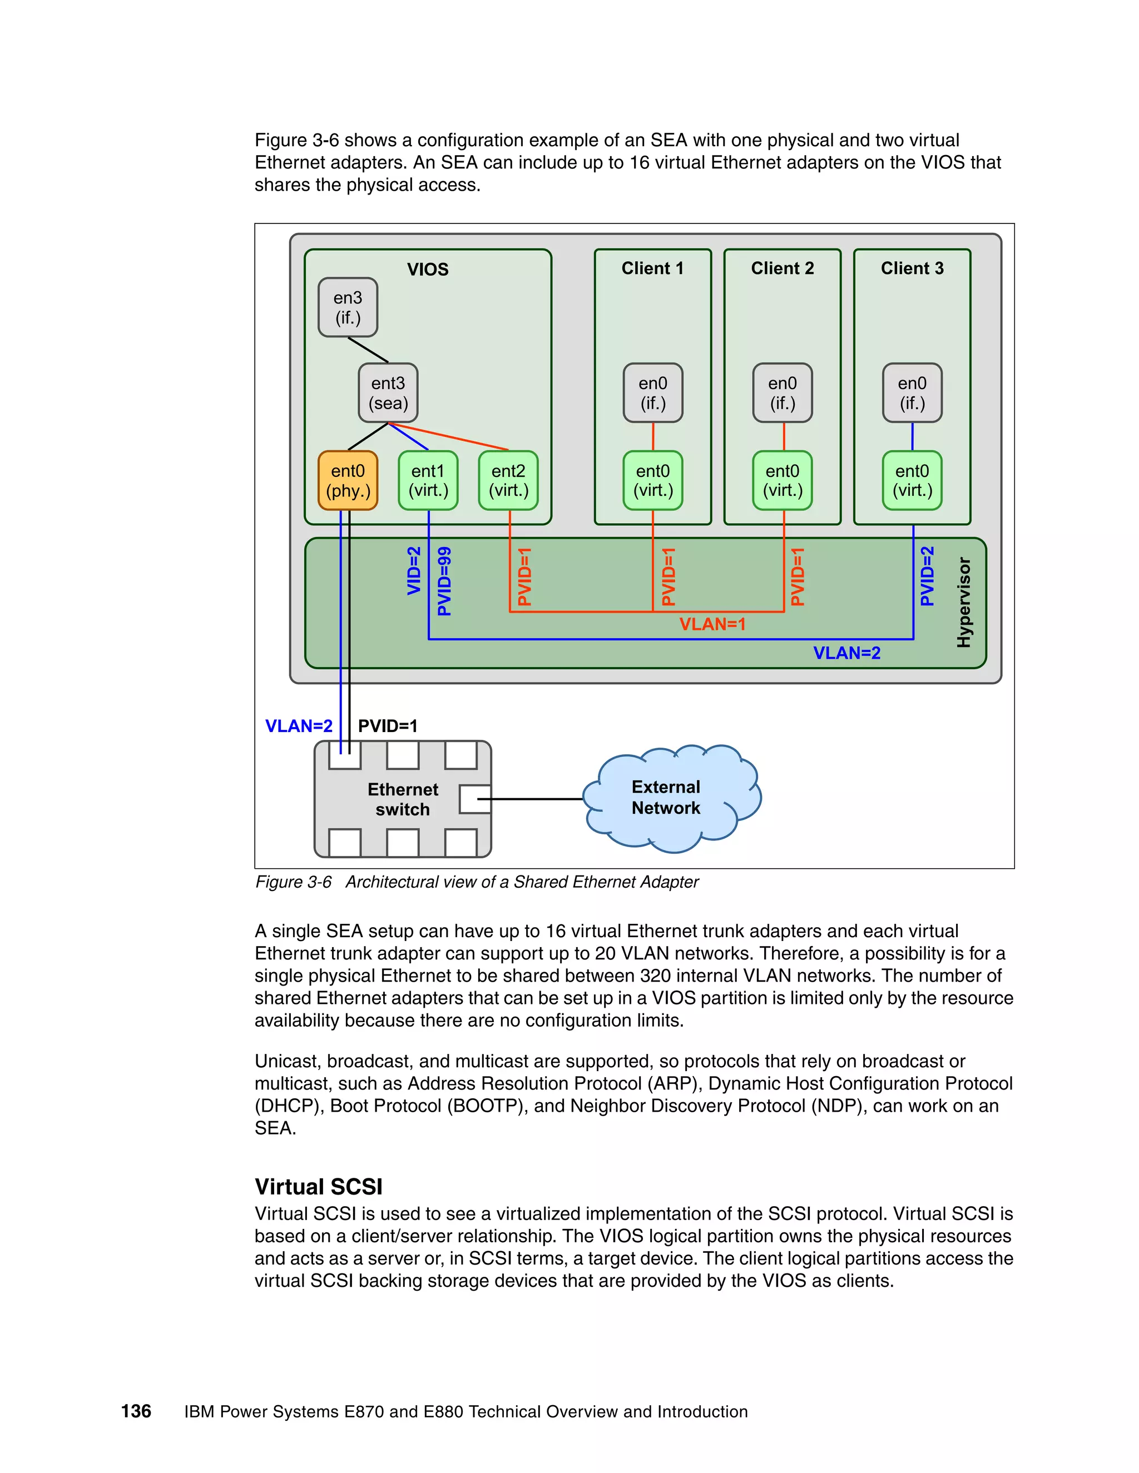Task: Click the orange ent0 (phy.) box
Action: (x=348, y=480)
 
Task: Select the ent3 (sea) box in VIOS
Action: (x=388, y=393)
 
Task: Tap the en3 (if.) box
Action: (x=348, y=307)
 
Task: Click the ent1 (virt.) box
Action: (x=428, y=480)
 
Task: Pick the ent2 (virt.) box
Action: (x=508, y=480)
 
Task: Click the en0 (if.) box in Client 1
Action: (x=652, y=393)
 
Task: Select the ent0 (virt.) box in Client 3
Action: (x=912, y=480)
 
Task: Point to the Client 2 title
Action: (x=782, y=268)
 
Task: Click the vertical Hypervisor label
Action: (x=964, y=603)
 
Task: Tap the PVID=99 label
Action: (x=444, y=581)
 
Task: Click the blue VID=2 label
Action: (x=414, y=571)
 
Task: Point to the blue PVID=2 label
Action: (x=927, y=576)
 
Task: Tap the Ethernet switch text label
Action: (x=402, y=799)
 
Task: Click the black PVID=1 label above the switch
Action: (x=387, y=726)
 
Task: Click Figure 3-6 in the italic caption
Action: (x=294, y=882)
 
